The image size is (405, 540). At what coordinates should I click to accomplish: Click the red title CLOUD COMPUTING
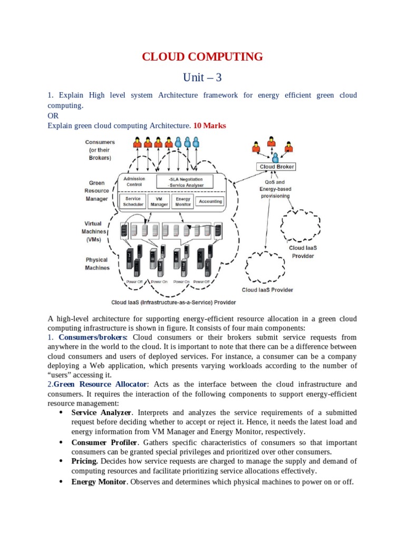202,56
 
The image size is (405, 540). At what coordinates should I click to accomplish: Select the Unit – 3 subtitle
202,78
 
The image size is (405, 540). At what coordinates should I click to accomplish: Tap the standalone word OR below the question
53,115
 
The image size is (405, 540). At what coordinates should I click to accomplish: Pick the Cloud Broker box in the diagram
276,167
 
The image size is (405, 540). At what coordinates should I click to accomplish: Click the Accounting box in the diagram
211,201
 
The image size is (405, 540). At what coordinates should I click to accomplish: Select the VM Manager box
159,201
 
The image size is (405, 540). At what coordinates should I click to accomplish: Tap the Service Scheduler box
133,201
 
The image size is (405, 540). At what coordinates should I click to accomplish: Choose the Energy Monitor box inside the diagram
183,201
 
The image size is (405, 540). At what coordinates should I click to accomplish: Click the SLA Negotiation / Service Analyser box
185,181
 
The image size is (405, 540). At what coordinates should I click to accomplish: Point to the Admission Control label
134,181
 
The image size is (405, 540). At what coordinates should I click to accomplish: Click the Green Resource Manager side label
97,191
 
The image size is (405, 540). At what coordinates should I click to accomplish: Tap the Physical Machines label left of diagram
97,264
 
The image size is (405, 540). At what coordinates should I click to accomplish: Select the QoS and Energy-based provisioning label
275,188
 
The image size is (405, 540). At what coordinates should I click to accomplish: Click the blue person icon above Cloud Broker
275,156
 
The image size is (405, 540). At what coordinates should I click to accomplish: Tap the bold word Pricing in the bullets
84,461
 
